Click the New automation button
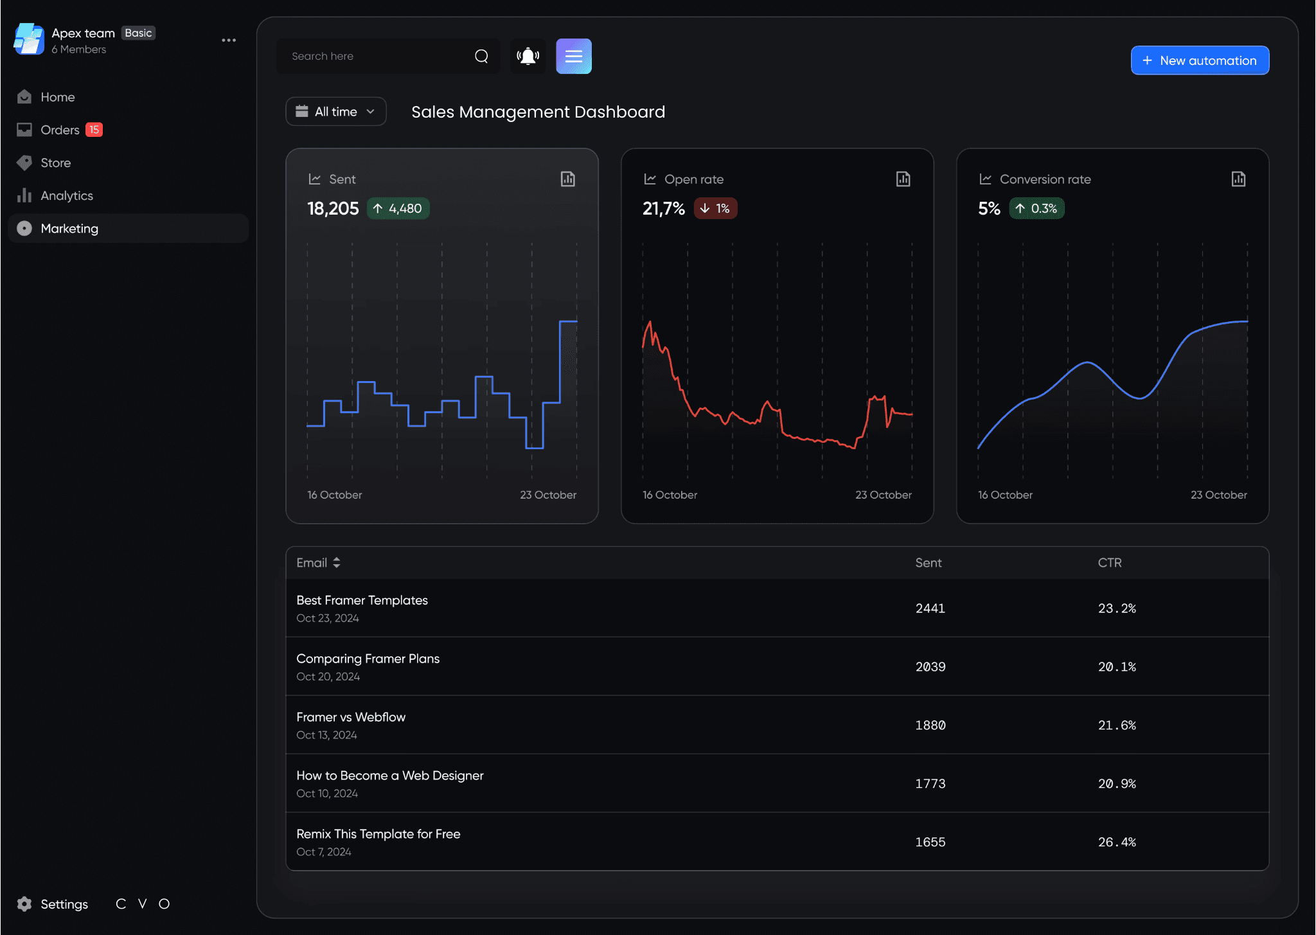point(1200,60)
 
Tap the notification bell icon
point(528,57)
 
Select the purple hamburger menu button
point(574,57)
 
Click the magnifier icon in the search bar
point(481,57)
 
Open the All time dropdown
point(336,112)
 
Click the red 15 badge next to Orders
point(94,130)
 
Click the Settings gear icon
point(24,904)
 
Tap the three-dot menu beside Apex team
point(229,40)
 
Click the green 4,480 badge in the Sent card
point(398,208)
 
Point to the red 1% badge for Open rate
point(715,208)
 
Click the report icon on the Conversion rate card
point(1238,179)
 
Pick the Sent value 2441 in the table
point(930,608)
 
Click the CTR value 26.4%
point(1117,842)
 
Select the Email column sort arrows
point(336,563)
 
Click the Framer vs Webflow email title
point(351,717)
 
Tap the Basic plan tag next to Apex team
point(139,33)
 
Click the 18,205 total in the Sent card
point(333,208)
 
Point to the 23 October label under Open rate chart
point(884,495)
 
